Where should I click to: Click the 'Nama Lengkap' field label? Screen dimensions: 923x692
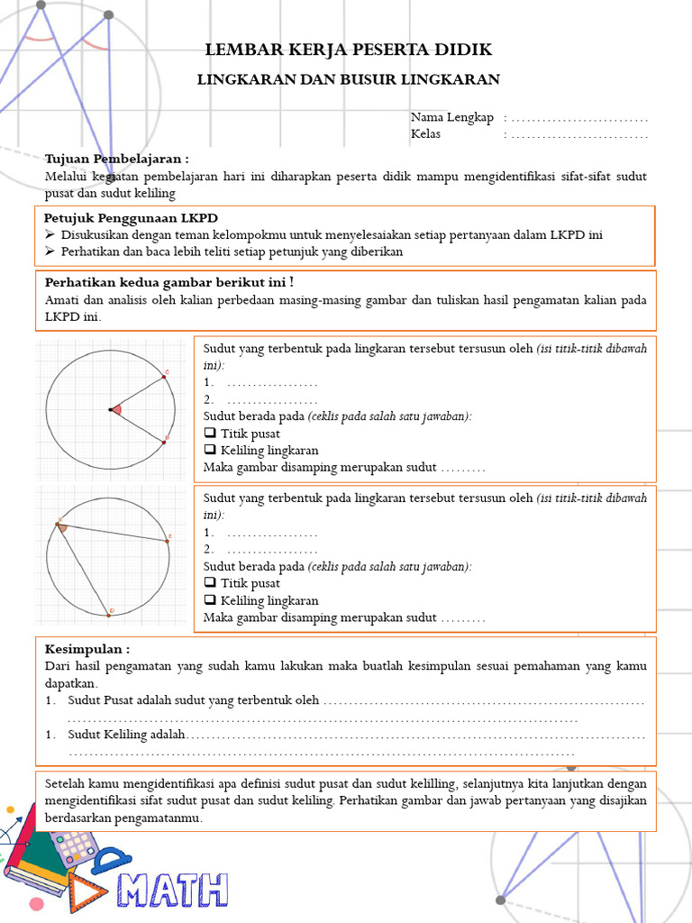click(452, 118)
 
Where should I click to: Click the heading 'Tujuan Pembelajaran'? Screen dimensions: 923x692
click(117, 158)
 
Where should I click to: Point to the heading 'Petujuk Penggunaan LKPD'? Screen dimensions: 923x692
click(131, 218)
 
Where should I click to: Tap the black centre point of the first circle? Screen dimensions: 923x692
click(110, 410)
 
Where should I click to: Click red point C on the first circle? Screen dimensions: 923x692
click(164, 377)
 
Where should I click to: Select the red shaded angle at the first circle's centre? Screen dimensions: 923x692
click(118, 410)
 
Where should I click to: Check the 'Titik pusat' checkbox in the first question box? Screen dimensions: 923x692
click(210, 434)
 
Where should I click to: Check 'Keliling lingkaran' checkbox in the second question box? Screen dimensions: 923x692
click(210, 600)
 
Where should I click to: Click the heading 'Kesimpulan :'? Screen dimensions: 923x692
click(87, 649)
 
